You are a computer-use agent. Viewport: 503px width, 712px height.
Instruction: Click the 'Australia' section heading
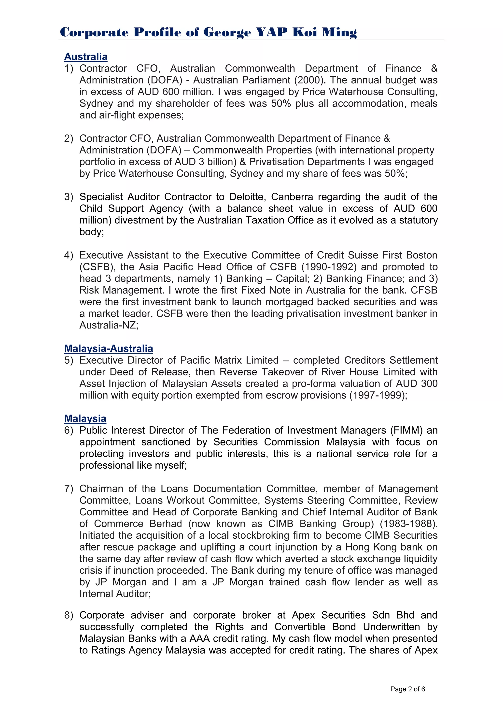click(x=86, y=57)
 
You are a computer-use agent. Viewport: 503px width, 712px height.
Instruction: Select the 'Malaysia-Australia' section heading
click(x=108, y=349)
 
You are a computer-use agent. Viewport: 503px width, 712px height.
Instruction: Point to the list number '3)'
click(x=69, y=197)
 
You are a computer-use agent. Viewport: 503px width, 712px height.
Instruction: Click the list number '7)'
click(x=69, y=489)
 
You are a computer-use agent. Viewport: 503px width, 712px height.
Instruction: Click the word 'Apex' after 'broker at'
click(x=303, y=615)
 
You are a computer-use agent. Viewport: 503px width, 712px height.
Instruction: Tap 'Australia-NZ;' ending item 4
click(x=109, y=325)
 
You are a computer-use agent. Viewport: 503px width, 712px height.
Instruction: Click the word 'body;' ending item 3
click(x=92, y=232)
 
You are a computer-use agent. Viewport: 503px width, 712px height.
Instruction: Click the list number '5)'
click(x=69, y=360)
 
